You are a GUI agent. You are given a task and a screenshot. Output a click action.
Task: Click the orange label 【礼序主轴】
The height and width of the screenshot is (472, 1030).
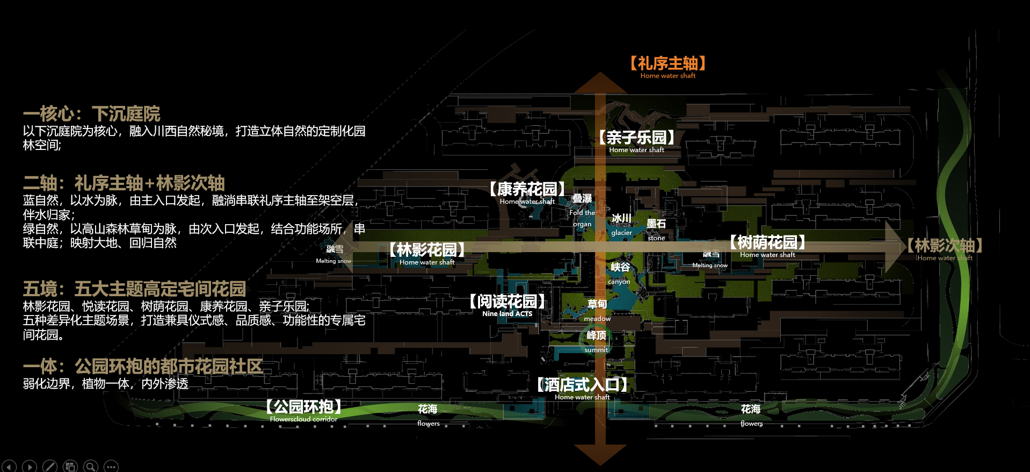668,64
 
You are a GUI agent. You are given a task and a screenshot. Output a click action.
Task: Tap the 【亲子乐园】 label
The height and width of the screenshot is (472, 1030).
636,138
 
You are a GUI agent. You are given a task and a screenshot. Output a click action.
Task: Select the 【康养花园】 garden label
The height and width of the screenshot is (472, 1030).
527,190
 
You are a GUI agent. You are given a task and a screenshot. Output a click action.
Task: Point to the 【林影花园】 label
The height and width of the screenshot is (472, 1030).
427,251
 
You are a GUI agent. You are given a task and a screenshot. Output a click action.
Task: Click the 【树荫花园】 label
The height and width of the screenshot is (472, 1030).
767,243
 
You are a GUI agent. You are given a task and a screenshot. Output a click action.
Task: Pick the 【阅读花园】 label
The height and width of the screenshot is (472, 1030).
507,302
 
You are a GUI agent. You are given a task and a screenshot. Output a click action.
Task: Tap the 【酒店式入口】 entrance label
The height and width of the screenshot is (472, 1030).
582,385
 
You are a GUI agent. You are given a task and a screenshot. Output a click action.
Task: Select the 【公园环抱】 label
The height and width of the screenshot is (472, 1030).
303,407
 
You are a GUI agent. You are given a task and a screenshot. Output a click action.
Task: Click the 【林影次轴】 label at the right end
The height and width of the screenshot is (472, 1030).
945,246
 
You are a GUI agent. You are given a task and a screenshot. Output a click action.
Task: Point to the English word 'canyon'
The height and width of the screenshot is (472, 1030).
619,282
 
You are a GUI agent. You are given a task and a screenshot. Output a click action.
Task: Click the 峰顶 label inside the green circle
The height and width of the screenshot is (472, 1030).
596,336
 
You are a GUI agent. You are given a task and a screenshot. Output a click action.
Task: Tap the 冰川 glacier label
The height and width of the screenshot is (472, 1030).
621,218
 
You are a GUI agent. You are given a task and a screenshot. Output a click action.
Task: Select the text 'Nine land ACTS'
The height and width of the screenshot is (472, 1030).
507,314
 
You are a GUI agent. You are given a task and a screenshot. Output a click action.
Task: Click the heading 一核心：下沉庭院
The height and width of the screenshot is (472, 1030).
91,114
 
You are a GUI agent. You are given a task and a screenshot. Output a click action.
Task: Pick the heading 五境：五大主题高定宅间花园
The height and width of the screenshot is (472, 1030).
134,289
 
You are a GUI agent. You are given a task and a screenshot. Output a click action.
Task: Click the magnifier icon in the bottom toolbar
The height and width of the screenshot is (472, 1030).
91,466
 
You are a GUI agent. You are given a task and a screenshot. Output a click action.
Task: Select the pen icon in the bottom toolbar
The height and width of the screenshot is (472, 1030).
50,466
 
